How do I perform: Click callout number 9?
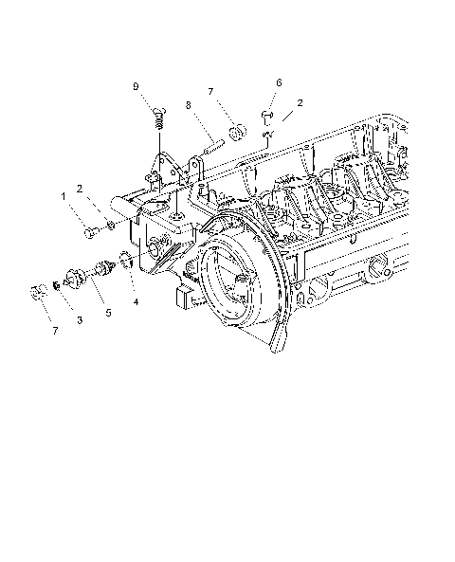click(136, 86)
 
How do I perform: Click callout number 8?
click(189, 105)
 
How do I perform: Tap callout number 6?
click(279, 82)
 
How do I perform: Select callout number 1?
click(64, 196)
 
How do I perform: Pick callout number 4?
click(136, 302)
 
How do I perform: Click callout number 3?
click(80, 320)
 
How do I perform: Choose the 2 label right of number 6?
click(300, 101)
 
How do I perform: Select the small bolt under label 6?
click(266, 118)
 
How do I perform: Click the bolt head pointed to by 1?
click(88, 229)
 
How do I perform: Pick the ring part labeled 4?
click(124, 263)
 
